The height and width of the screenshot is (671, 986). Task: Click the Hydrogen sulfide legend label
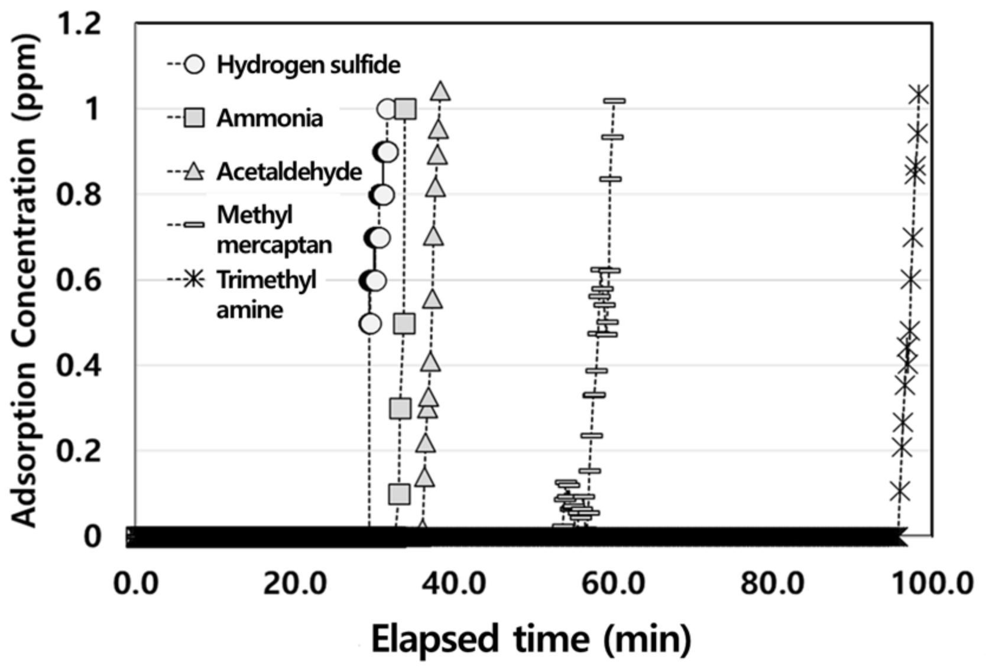pyautogui.click(x=308, y=64)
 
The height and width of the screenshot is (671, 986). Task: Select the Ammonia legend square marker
pyautogui.click(x=194, y=118)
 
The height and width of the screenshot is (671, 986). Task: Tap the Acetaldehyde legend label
pyautogui.click(x=289, y=171)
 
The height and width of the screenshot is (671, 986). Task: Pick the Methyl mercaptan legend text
pyautogui.click(x=274, y=229)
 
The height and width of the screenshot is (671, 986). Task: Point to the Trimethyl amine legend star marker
pyautogui.click(x=193, y=279)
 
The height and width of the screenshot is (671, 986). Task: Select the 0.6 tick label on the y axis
pyautogui.click(x=77, y=280)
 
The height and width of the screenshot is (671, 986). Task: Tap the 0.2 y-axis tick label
pyautogui.click(x=77, y=451)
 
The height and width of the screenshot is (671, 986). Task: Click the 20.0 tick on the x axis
pyautogui.click(x=295, y=584)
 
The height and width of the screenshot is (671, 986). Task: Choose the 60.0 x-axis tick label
pyautogui.click(x=614, y=584)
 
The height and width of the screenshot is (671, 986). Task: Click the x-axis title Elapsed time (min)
pyautogui.click(x=530, y=639)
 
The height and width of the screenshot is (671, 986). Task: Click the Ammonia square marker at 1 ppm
pyautogui.click(x=406, y=109)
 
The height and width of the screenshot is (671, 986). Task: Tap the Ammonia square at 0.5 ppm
pyautogui.click(x=404, y=324)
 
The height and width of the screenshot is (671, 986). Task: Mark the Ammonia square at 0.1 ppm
pyautogui.click(x=400, y=494)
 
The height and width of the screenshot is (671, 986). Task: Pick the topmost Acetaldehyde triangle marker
pyautogui.click(x=440, y=91)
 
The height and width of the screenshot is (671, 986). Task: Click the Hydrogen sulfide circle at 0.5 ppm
pyautogui.click(x=370, y=324)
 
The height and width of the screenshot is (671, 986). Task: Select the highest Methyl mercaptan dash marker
pyautogui.click(x=614, y=101)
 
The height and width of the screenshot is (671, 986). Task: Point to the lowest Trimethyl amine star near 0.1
pyautogui.click(x=900, y=491)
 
